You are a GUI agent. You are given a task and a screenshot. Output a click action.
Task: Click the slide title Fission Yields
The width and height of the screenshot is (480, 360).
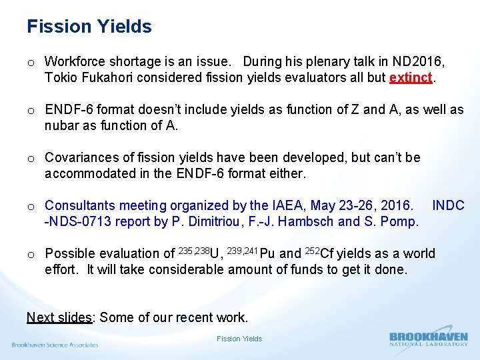(x=89, y=27)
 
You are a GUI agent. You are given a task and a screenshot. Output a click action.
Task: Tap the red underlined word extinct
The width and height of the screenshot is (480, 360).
(x=411, y=77)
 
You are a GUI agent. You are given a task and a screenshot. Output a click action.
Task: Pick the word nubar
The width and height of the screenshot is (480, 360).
(x=61, y=125)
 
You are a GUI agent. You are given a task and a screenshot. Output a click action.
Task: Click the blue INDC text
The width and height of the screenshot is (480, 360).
(x=448, y=205)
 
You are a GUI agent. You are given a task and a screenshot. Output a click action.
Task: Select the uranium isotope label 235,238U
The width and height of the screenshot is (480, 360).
(x=199, y=253)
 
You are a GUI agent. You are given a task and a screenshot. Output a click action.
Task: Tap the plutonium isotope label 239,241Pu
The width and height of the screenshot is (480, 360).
(x=251, y=253)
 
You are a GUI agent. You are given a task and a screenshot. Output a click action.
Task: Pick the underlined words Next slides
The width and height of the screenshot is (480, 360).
(x=59, y=317)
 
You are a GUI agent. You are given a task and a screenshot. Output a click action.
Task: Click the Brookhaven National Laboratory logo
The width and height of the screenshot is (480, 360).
(x=428, y=339)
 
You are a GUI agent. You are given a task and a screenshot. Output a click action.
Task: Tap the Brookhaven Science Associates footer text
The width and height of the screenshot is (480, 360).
(x=55, y=345)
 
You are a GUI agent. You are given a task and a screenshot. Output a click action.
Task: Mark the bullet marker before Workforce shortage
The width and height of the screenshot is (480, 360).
(x=31, y=62)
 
